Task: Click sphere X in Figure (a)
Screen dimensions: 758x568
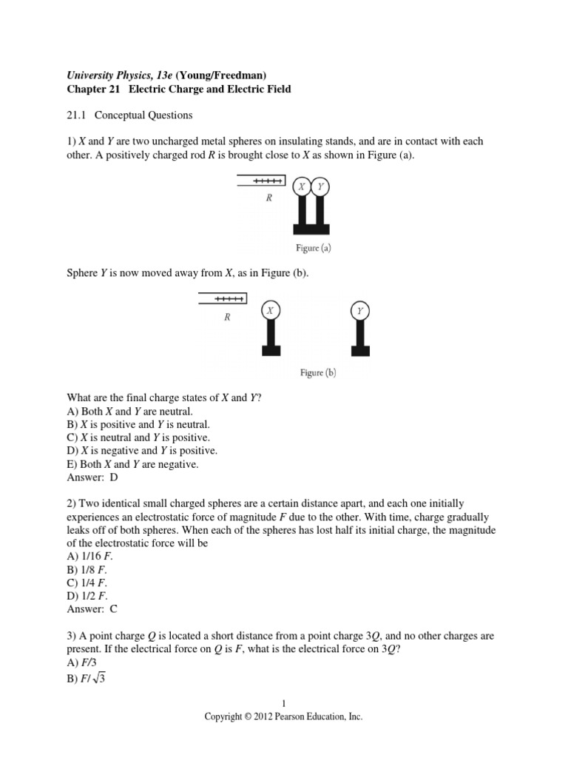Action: pyautogui.click(x=302, y=187)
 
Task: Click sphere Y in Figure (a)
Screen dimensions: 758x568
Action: pyautogui.click(x=320, y=187)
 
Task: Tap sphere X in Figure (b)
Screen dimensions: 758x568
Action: pyautogui.click(x=271, y=310)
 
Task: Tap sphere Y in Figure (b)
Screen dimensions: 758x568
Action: pyautogui.click(x=360, y=311)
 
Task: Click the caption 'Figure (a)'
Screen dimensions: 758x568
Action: pyautogui.click(x=310, y=249)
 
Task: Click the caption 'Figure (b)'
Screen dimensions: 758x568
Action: pyautogui.click(x=318, y=372)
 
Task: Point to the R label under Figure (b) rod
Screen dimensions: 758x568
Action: pyautogui.click(x=228, y=317)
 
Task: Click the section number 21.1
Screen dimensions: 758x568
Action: pyautogui.click(x=76, y=115)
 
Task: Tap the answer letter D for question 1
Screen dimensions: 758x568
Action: pyautogui.click(x=114, y=477)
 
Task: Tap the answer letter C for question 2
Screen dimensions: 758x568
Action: pyautogui.click(x=114, y=608)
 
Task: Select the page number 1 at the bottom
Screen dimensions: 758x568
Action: pyautogui.click(x=283, y=703)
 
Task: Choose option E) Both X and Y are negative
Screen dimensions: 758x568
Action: pyautogui.click(x=133, y=464)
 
